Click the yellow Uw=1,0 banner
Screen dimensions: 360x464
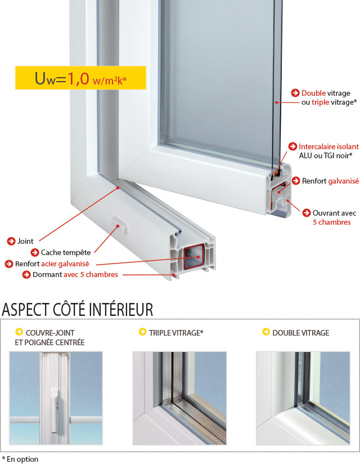pyautogui.click(x=80, y=78)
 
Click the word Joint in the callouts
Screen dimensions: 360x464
pyautogui.click(x=25, y=241)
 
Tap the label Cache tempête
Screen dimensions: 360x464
pyautogui.click(x=66, y=252)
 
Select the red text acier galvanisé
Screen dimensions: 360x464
pyautogui.click(x=65, y=264)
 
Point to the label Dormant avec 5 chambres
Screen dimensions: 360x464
pyautogui.click(x=75, y=275)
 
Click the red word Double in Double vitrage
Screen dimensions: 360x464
pyautogui.click(x=314, y=93)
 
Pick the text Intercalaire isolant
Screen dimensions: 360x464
pyautogui.click(x=328, y=146)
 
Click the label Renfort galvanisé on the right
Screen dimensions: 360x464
pyautogui.click(x=330, y=181)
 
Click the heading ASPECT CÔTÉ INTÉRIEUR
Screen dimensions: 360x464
pyautogui.click(x=78, y=310)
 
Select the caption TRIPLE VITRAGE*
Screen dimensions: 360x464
pyautogui.click(x=176, y=333)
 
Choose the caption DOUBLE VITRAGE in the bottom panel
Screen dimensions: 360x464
pyautogui.click(x=301, y=333)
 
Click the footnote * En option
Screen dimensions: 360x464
pyautogui.click(x=20, y=459)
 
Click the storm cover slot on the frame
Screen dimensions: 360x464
pyautogui.click(x=119, y=225)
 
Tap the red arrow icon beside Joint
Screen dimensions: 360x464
pyautogui.click(x=11, y=241)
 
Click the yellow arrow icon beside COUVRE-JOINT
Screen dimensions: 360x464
pyautogui.click(x=19, y=332)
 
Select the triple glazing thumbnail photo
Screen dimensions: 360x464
pyautogui.click(x=179, y=398)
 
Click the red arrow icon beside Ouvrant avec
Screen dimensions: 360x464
pyautogui.click(x=307, y=213)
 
